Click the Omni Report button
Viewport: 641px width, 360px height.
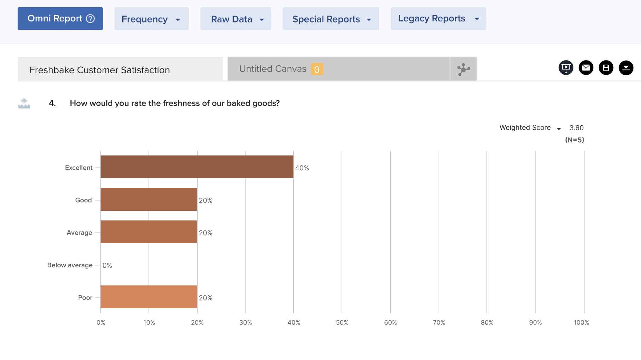(60, 19)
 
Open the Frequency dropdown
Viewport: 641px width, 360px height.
(151, 19)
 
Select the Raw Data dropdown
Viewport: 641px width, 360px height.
(236, 19)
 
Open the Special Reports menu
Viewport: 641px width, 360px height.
(331, 19)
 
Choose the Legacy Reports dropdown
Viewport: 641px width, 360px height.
(438, 19)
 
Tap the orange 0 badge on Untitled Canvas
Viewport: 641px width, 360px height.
(317, 69)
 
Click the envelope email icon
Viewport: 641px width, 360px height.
(586, 68)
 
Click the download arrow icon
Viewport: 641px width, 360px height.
(626, 68)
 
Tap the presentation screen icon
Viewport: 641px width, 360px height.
(566, 68)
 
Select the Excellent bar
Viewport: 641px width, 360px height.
(197, 167)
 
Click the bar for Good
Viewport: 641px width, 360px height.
(149, 199)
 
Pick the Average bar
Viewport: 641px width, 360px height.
(149, 232)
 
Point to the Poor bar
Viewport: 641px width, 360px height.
(149, 297)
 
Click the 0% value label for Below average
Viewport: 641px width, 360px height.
(107, 265)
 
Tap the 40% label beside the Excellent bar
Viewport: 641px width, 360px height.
(302, 168)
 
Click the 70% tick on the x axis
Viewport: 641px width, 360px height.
(439, 322)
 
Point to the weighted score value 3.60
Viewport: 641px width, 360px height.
(576, 128)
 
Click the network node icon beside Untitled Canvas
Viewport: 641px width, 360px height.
(463, 69)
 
